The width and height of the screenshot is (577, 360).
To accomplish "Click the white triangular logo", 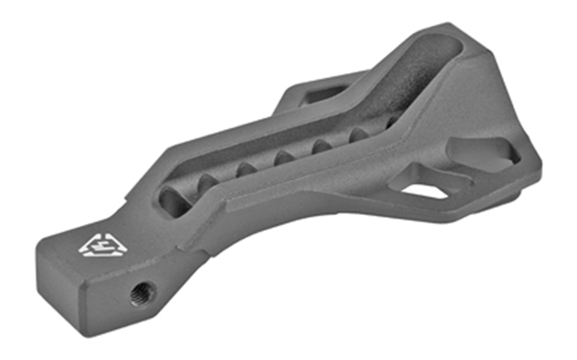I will coord(95,242).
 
